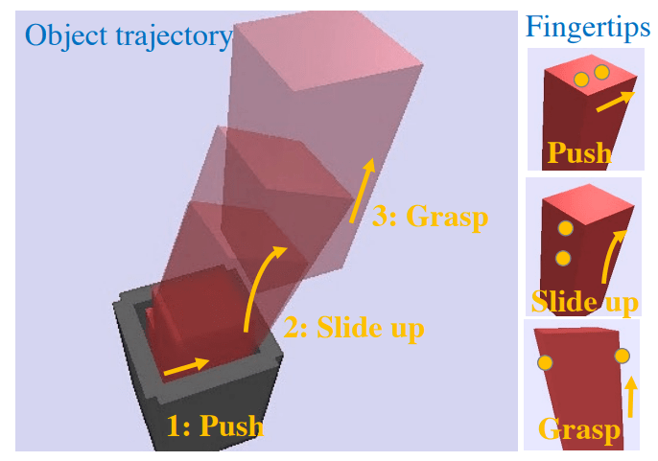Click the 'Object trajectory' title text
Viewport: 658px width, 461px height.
point(129,36)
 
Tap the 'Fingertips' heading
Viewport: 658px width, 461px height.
point(588,28)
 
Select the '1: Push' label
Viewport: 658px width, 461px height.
point(215,425)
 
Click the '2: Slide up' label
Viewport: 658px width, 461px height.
point(354,329)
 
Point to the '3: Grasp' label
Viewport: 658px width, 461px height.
point(430,216)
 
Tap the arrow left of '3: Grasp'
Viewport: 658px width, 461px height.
point(361,191)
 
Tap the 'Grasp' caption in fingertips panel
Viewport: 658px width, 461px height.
point(579,429)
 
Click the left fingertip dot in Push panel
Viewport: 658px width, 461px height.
point(580,80)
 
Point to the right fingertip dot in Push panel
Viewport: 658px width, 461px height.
point(601,72)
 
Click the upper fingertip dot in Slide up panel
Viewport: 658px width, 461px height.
point(565,228)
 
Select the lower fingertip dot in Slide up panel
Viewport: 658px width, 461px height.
point(563,258)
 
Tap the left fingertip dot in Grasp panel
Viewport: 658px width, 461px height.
point(545,363)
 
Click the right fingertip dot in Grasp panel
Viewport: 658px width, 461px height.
point(622,356)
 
